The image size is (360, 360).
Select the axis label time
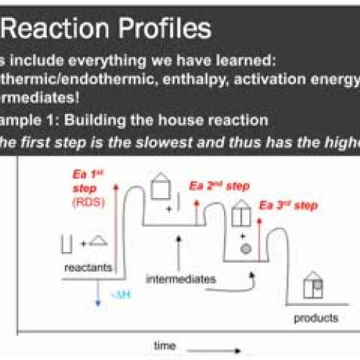tap(165, 346)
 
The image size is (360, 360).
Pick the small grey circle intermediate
tap(244, 248)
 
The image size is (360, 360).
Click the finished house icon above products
tap(312, 285)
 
